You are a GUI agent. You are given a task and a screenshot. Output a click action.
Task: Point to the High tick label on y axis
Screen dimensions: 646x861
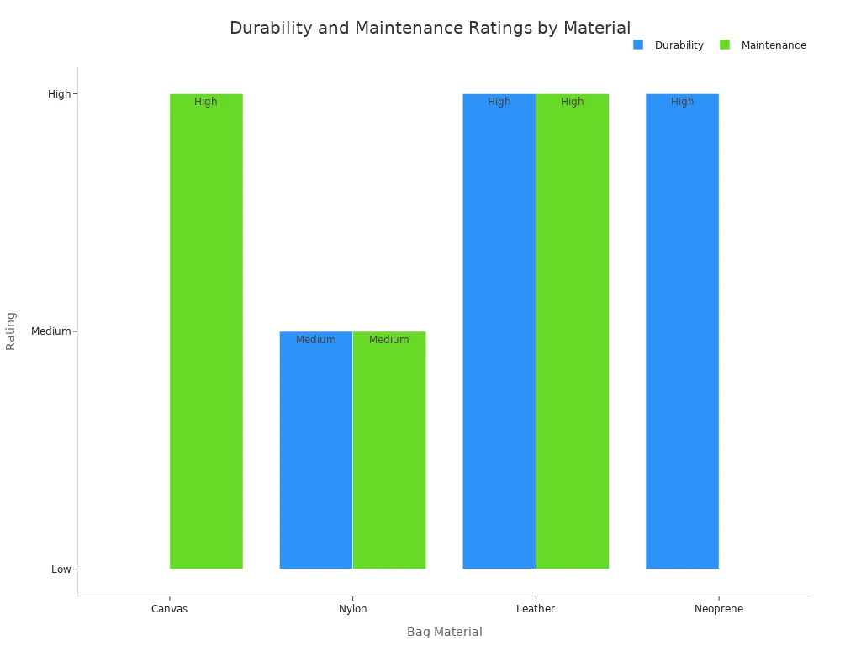click(60, 94)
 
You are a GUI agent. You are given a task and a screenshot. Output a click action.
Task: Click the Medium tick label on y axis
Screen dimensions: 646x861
click(51, 331)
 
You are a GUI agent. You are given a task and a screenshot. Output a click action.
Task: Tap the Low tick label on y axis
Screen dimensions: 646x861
click(61, 569)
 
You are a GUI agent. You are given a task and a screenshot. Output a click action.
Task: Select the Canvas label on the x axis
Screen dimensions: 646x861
click(170, 609)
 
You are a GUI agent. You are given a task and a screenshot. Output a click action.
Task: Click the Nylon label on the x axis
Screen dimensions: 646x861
click(353, 609)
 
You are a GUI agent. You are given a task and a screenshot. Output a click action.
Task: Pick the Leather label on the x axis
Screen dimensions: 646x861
click(536, 609)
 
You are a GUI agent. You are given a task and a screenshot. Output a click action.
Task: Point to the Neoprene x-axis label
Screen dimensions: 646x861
click(719, 609)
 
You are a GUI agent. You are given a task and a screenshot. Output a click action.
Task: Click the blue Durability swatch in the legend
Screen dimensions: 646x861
click(638, 45)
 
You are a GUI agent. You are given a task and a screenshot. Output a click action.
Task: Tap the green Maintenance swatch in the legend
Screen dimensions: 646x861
click(725, 45)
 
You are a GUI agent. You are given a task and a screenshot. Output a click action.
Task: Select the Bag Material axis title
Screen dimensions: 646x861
click(445, 632)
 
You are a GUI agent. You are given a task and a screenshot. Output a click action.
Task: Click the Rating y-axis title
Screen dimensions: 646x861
click(11, 331)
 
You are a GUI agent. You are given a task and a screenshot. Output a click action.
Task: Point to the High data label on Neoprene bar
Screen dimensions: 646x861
click(682, 102)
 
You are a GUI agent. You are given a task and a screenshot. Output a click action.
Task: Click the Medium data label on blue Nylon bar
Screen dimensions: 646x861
click(316, 340)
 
